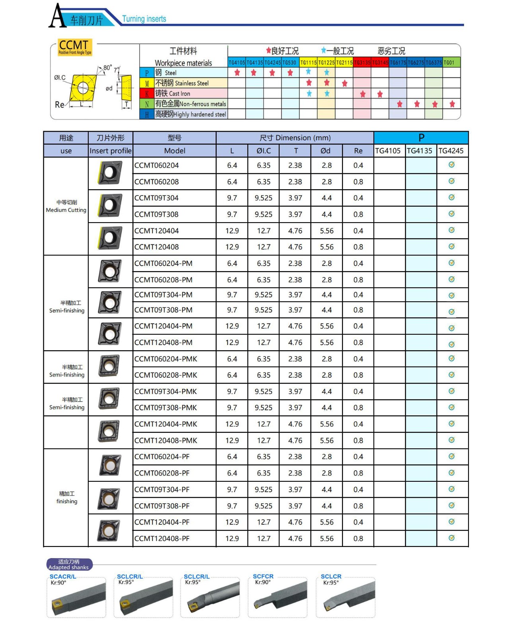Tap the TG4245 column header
coord(451,151)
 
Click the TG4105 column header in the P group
coord(388,151)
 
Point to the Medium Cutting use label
coord(66,206)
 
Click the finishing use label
coord(67,498)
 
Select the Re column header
coord(358,151)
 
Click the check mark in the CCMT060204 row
coord(451,165)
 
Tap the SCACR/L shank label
coord(63,576)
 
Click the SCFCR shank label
coord(263,576)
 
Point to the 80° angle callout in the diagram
coord(107,68)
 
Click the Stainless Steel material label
coord(182,83)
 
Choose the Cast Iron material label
coord(173,93)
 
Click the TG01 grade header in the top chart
coord(449,62)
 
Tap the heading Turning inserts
coord(144,19)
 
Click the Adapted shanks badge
coord(69,564)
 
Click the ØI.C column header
coord(263,151)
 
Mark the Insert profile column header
coord(110,151)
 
